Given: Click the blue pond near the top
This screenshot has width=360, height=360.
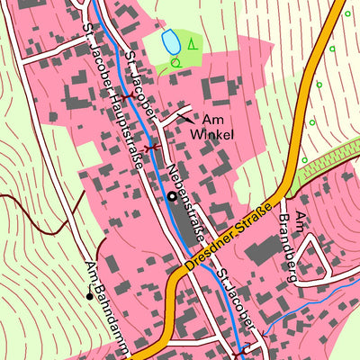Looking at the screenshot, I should (x=168, y=40).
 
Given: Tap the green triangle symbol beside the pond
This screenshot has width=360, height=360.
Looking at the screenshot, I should (x=191, y=44).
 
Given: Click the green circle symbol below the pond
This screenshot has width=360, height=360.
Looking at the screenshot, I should (x=175, y=62).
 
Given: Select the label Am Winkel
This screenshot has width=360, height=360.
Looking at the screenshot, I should (x=212, y=127).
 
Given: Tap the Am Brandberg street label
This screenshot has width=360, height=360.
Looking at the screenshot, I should (x=303, y=243).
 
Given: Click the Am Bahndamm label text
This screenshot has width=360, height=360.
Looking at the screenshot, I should (x=106, y=306).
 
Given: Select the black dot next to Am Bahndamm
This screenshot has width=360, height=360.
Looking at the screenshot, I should (x=89, y=295).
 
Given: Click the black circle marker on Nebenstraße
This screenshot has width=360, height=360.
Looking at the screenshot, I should (x=171, y=195).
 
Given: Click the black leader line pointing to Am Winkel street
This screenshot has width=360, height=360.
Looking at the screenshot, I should (x=184, y=117).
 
